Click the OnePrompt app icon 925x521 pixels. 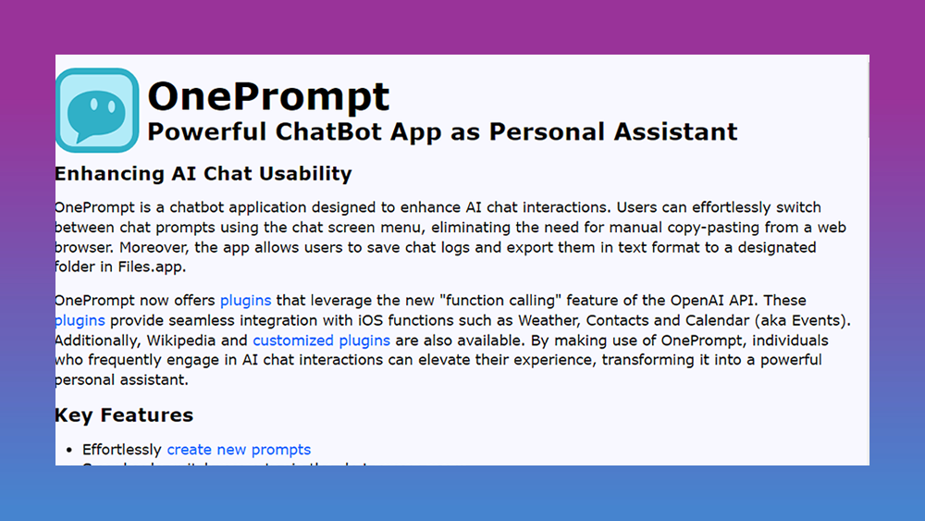[x=97, y=109]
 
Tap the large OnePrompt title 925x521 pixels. [x=268, y=95]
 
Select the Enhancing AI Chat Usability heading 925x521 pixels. [x=203, y=174]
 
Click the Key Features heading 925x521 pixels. [x=124, y=415]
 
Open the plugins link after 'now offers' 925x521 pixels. [x=245, y=301]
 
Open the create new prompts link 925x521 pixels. [x=239, y=450]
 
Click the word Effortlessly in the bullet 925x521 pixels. [x=122, y=450]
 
